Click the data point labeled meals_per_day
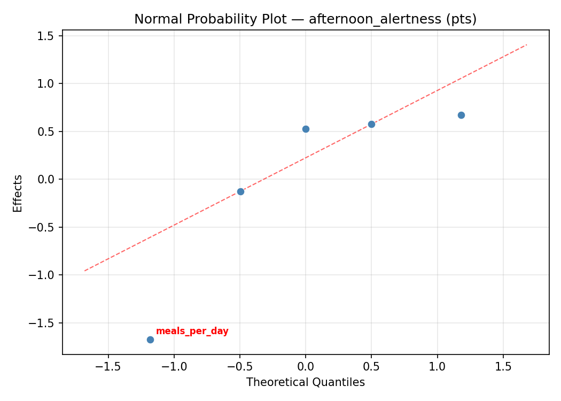tap(150, 340)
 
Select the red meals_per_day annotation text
tap(192, 331)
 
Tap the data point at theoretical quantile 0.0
tap(306, 129)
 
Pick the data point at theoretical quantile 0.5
tap(371, 124)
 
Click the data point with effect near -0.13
tap(240, 191)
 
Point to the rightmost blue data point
tap(461, 115)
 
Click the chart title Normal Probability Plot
tap(305, 19)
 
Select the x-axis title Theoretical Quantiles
tap(305, 382)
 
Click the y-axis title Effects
tap(18, 193)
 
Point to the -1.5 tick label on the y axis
tap(44, 323)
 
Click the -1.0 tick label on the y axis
tap(44, 275)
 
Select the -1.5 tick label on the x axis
tap(108, 367)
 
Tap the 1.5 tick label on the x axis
tap(503, 367)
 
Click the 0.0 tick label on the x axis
tap(306, 367)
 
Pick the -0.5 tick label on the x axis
tap(240, 367)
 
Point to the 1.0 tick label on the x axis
tap(438, 367)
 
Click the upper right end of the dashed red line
tap(527, 44)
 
